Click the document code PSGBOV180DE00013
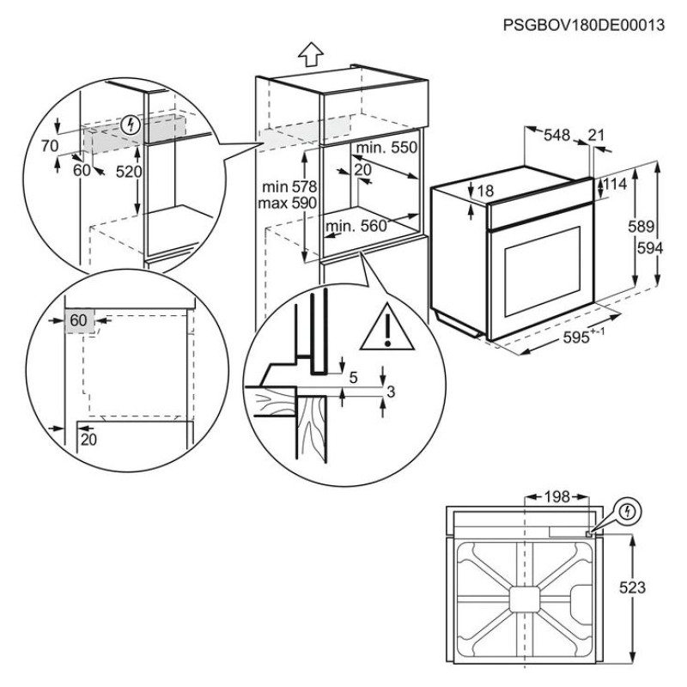pyautogui.click(x=585, y=25)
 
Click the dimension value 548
pyautogui.click(x=556, y=134)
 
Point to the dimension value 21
pyautogui.click(x=598, y=134)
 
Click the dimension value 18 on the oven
pyautogui.click(x=485, y=192)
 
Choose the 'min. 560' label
pyautogui.click(x=355, y=226)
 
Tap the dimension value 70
pyautogui.click(x=49, y=146)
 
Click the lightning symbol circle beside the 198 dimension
pyautogui.click(x=629, y=512)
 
